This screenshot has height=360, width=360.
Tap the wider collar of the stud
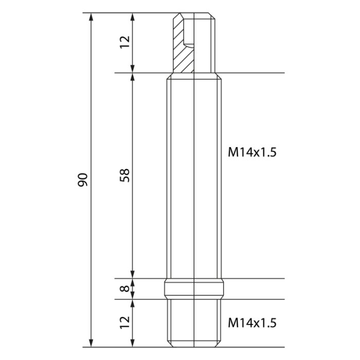coord(194,289)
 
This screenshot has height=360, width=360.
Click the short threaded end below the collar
coord(194,323)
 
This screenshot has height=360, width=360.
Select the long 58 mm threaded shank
coord(194,175)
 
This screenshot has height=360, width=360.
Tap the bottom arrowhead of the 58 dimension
coord(133,275)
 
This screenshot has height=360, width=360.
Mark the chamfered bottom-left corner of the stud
coord(169,345)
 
